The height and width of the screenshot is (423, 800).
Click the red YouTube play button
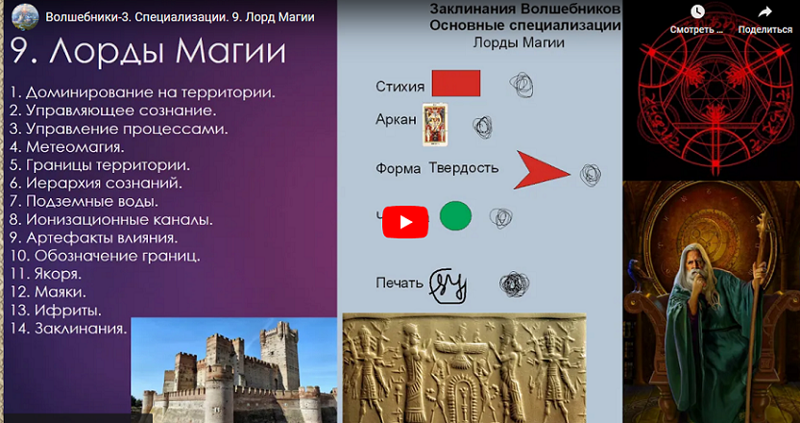[405, 222]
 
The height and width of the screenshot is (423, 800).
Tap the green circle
[455, 216]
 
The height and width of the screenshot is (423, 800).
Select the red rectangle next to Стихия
[455, 84]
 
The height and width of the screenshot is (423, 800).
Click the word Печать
[400, 283]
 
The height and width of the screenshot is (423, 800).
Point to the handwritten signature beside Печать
[448, 283]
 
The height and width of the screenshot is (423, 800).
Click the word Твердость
[464, 168]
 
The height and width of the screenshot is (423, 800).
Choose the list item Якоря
[60, 274]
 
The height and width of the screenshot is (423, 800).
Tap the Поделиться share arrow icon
[764, 12]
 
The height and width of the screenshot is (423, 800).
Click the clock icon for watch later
[697, 12]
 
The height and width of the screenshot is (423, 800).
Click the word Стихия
[400, 87]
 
